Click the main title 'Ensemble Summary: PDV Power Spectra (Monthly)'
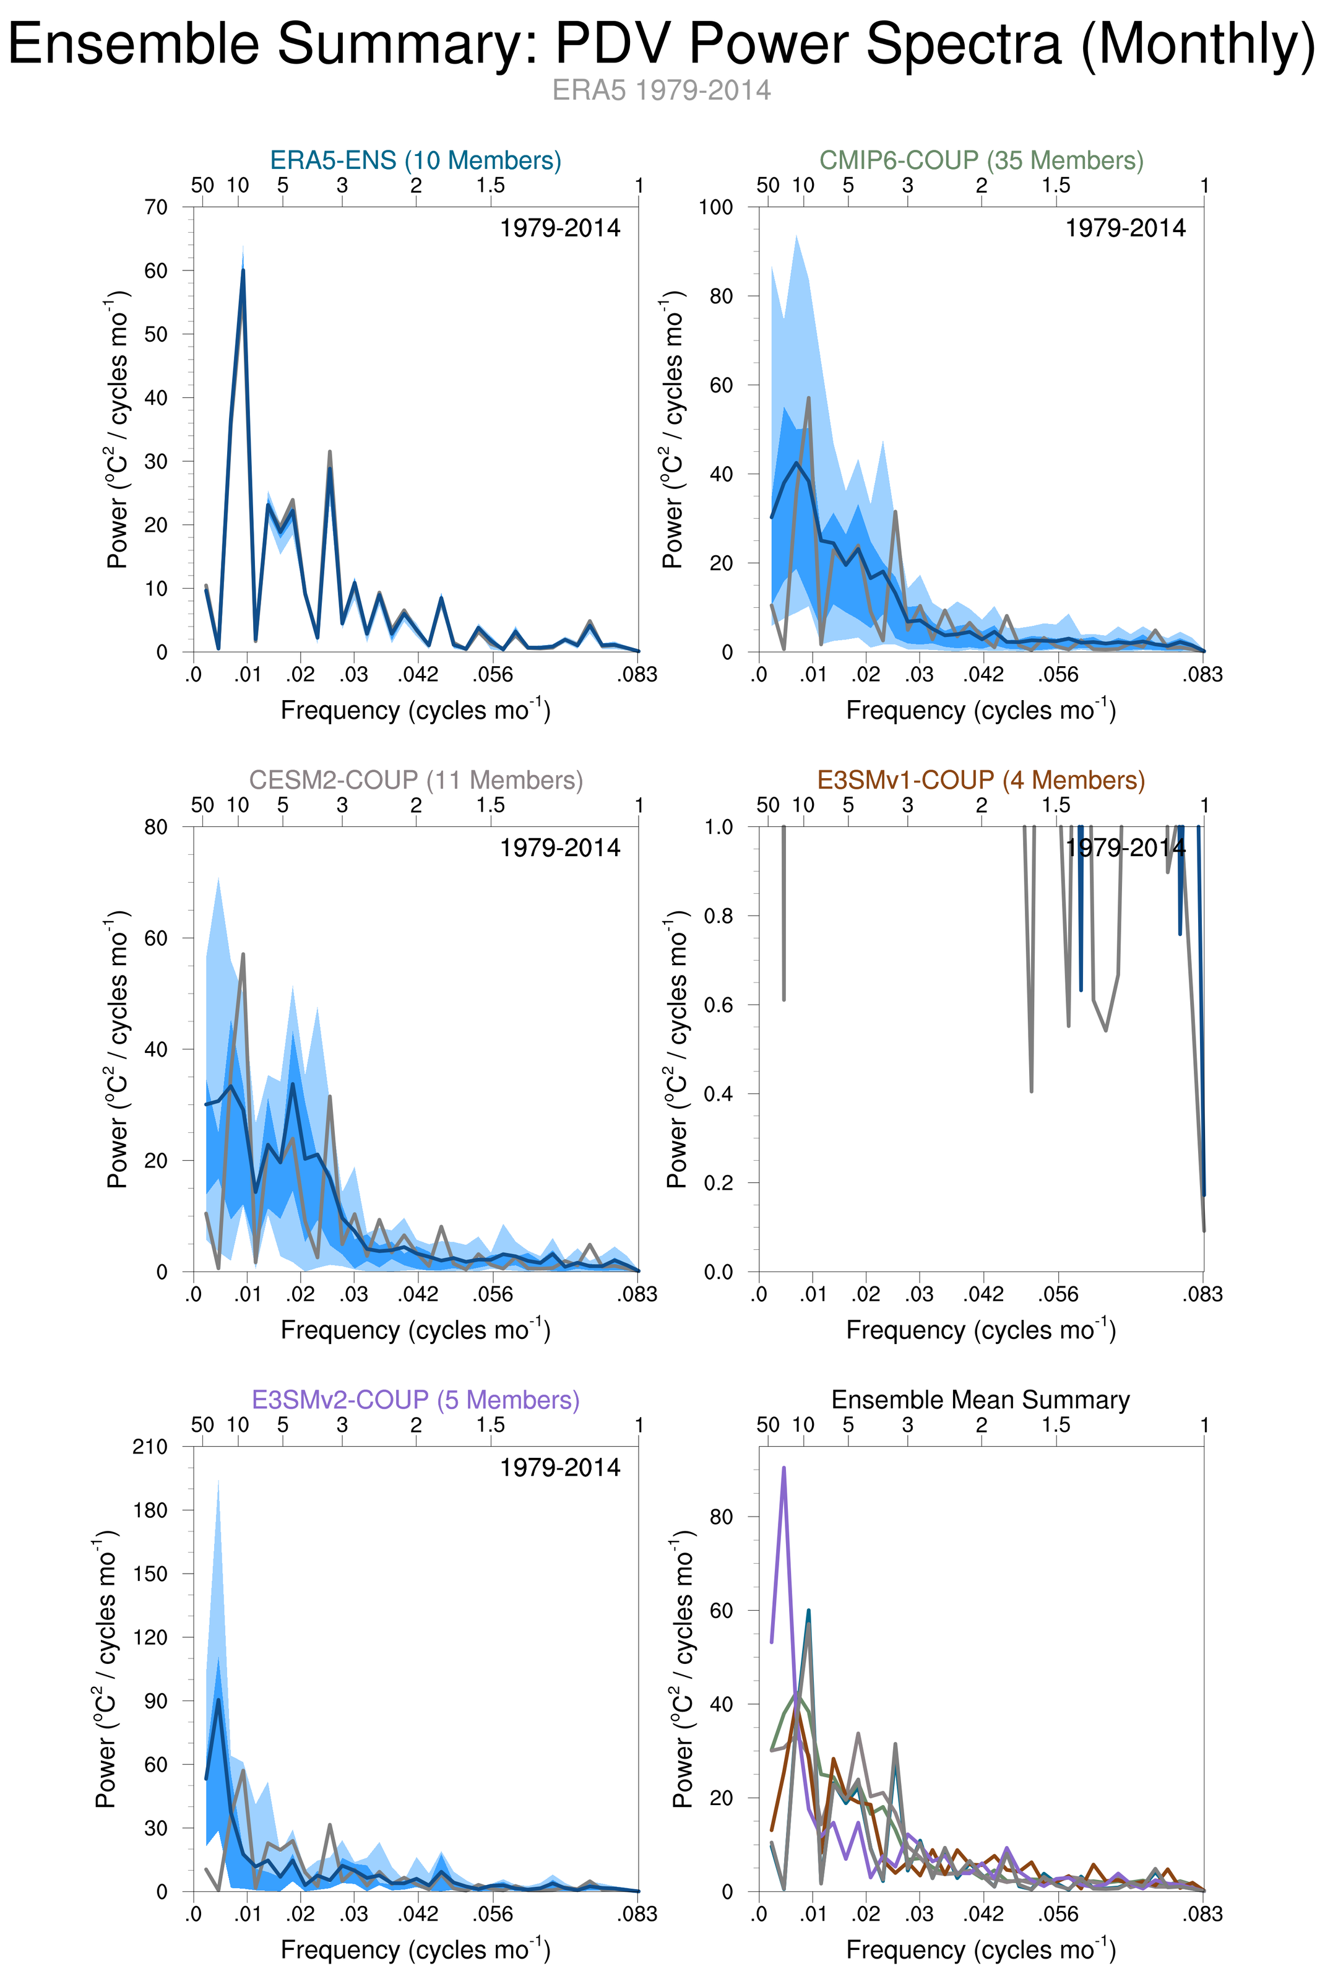click(662, 44)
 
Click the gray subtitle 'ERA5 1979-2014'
click(662, 90)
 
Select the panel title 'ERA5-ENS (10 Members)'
click(415, 160)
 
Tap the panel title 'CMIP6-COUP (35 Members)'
click(981, 160)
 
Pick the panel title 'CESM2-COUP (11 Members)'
click(415, 779)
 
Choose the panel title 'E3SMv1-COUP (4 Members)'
click(981, 779)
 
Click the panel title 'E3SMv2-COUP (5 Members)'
click(415, 1399)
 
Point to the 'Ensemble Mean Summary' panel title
click(980, 1399)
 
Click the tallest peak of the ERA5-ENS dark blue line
click(243, 271)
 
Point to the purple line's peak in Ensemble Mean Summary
click(784, 1468)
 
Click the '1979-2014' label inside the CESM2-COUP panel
click(559, 848)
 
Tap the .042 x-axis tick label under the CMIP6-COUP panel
click(983, 675)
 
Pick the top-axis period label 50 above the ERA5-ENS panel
click(203, 185)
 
